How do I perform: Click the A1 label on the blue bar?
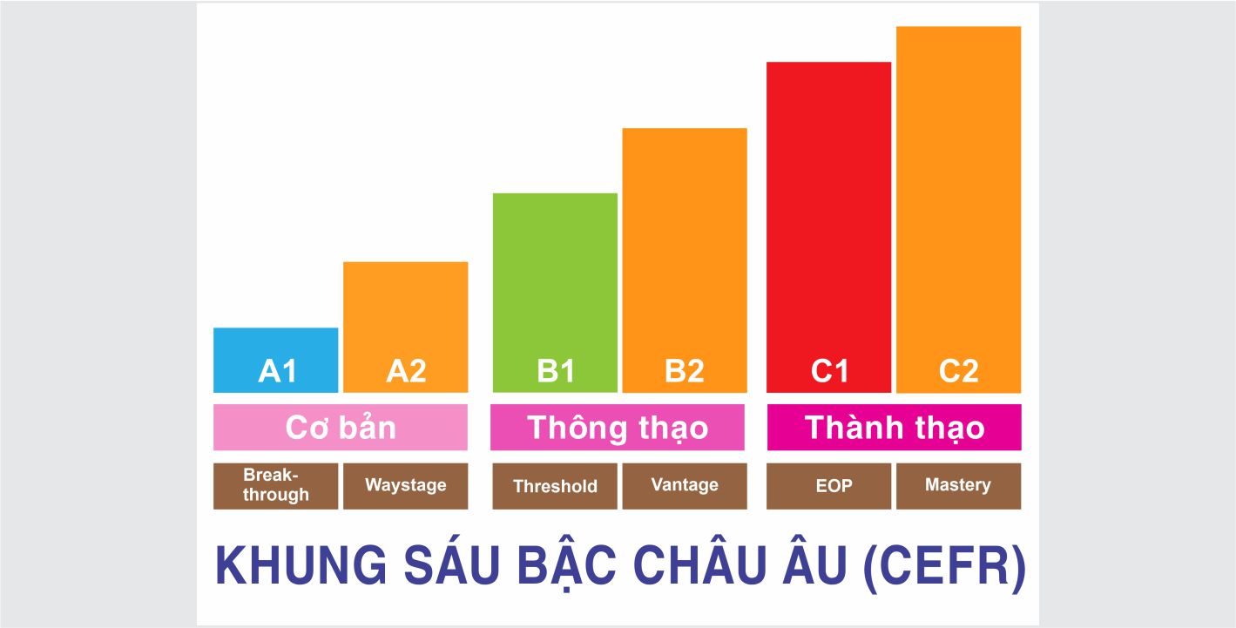[277, 371]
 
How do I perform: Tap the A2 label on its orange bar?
[406, 371]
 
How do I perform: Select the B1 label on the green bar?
[556, 371]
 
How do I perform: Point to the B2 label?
[685, 371]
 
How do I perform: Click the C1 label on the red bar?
[829, 371]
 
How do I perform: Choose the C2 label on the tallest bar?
[959, 371]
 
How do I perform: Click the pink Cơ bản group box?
[341, 427]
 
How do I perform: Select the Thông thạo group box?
[618, 427]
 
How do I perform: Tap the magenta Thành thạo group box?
[894, 427]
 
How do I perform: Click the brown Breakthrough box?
[276, 486]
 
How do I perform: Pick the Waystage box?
[406, 486]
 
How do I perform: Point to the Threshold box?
[555, 486]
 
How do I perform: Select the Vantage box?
[685, 486]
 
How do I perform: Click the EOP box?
[828, 486]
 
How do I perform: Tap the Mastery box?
[959, 486]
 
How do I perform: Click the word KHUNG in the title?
[301, 565]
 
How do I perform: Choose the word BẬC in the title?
[566, 565]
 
